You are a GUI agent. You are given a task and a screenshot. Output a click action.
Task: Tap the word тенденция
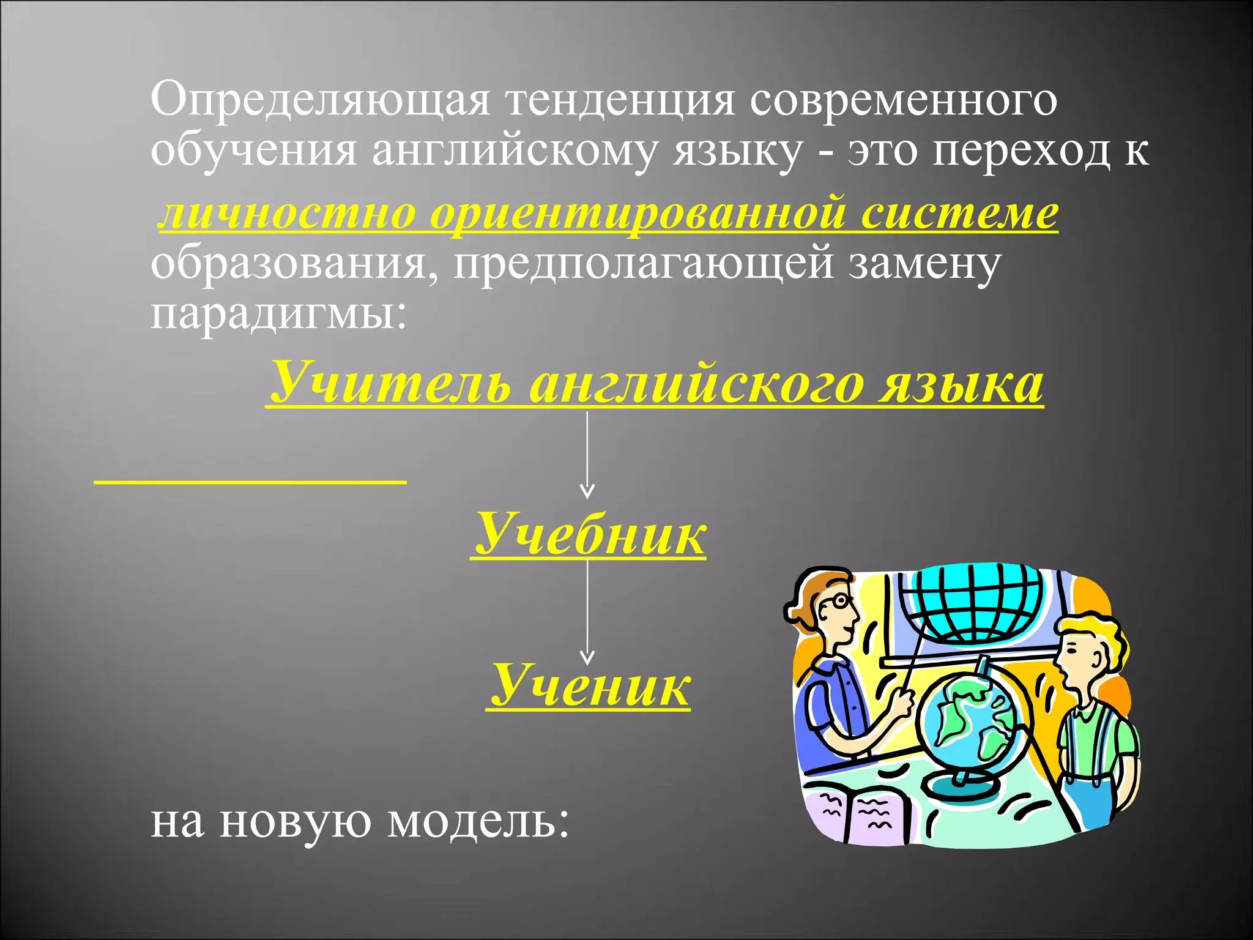pyautogui.click(x=619, y=100)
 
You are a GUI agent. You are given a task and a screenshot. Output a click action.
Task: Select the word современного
pyautogui.click(x=903, y=100)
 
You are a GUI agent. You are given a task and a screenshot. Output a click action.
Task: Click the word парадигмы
pyautogui.click(x=278, y=313)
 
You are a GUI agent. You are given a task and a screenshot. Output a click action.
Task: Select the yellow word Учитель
pyautogui.click(x=392, y=383)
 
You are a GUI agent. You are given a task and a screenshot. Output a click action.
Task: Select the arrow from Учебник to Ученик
pyautogui.click(x=587, y=612)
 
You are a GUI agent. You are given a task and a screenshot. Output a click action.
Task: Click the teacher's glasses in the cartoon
pyautogui.click(x=836, y=603)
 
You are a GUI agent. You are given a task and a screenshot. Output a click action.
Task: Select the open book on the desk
pyautogui.click(x=857, y=811)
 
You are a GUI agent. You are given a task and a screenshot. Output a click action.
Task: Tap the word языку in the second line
pyautogui.click(x=737, y=151)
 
